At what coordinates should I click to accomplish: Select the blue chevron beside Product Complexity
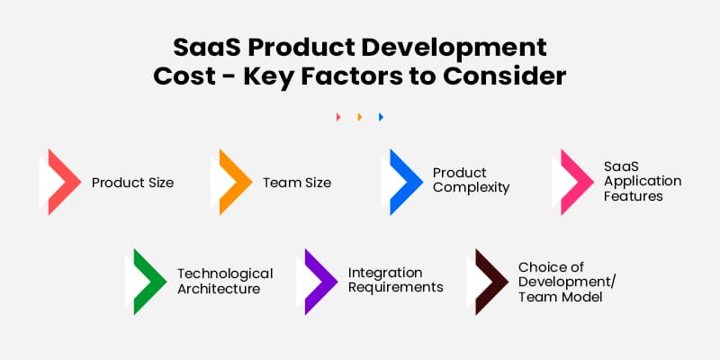(x=403, y=182)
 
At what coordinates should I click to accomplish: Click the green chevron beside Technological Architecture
(x=147, y=281)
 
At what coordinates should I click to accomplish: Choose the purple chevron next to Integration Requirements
(x=318, y=281)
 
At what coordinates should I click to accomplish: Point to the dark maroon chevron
(x=489, y=281)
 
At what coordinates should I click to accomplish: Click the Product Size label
(x=132, y=183)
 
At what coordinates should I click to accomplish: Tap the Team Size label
(x=296, y=183)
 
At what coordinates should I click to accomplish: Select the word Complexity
(x=471, y=189)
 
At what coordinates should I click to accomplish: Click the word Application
(x=642, y=181)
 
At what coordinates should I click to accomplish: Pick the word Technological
(x=224, y=274)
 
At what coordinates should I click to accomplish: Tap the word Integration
(x=385, y=272)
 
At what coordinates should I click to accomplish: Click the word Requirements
(x=395, y=287)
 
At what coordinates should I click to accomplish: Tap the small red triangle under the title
(x=338, y=117)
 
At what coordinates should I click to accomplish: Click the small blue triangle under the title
(x=382, y=117)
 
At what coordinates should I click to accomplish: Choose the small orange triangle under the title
(x=360, y=117)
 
